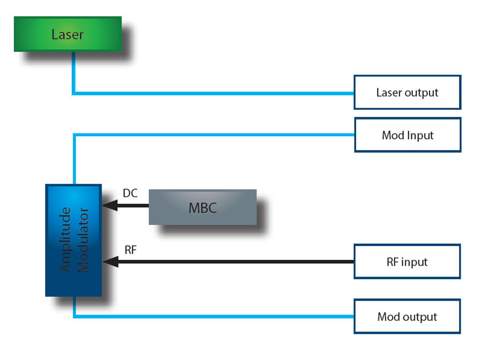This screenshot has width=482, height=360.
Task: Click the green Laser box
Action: [x=67, y=34]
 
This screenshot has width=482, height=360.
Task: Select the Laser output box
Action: [x=407, y=92]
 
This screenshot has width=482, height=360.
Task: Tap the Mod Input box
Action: [x=407, y=135]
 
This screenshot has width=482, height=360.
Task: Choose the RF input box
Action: [x=407, y=262]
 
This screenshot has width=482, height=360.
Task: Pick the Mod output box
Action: [x=407, y=317]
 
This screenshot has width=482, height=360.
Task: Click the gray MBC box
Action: [x=202, y=207]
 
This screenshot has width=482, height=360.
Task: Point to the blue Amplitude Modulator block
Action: [x=73, y=241]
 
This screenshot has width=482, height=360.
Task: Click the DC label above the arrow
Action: [x=130, y=193]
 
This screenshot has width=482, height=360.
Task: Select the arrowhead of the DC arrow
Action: [x=109, y=205]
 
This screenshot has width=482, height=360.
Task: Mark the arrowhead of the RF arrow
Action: [x=109, y=261]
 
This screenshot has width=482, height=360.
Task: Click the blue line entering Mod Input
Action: [x=214, y=135]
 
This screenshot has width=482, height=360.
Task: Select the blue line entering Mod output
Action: [x=214, y=316]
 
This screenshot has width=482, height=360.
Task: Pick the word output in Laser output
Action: [x=421, y=93]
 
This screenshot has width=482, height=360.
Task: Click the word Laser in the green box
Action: [x=67, y=35]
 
